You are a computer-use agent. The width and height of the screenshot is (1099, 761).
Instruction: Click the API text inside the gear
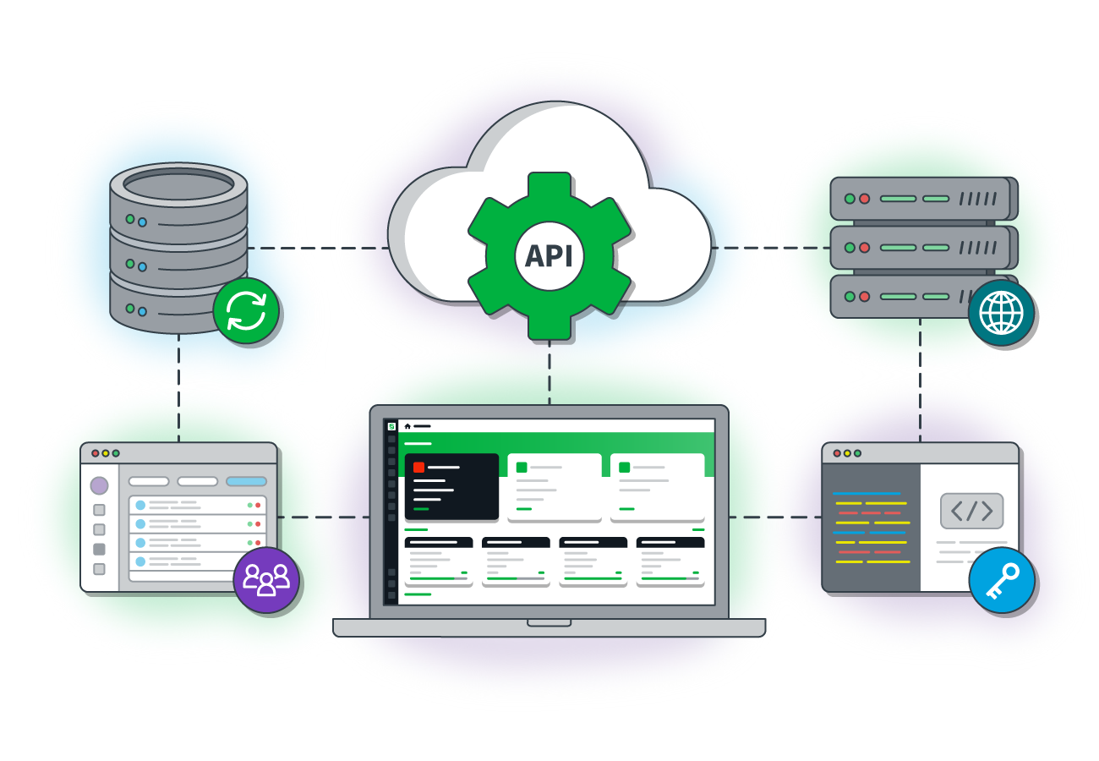(x=549, y=256)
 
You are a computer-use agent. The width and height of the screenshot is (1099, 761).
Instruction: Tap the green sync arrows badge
(x=246, y=310)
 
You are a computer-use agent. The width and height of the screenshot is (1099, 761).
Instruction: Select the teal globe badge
(x=1001, y=313)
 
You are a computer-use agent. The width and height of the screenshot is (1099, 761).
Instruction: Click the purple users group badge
(x=266, y=579)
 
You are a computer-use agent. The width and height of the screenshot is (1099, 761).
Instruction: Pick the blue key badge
(x=1002, y=579)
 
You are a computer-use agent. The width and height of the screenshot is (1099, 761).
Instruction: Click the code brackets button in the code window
(x=971, y=511)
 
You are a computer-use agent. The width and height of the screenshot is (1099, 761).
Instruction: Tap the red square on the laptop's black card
(x=418, y=467)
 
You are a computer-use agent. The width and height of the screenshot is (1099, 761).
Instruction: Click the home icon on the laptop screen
(x=407, y=426)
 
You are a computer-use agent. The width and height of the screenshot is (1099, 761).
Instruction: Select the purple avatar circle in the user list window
(x=99, y=485)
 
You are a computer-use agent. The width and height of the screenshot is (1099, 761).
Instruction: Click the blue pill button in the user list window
(x=246, y=481)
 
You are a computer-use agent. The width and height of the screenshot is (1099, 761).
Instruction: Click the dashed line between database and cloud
(x=317, y=248)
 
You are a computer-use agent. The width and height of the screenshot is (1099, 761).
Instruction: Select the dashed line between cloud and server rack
(x=769, y=248)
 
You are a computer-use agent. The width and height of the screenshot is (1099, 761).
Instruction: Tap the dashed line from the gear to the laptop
(x=549, y=372)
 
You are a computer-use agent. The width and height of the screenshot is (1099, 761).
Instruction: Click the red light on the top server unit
(x=864, y=199)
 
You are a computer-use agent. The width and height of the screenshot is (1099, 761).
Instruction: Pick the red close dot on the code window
(x=837, y=453)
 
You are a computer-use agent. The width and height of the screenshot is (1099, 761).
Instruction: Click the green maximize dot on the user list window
(x=116, y=453)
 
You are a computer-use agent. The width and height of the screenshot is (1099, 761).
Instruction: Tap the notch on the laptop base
(x=549, y=622)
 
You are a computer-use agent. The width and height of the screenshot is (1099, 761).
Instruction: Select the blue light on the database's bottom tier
(x=142, y=311)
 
